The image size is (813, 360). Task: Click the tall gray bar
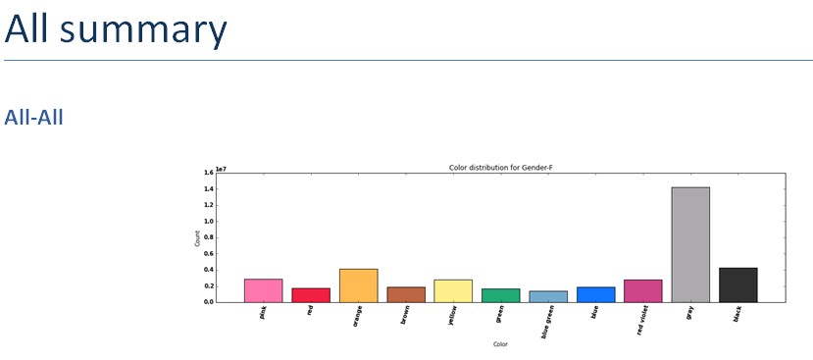pos(690,244)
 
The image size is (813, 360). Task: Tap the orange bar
pos(359,284)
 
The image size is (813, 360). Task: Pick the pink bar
pos(263,290)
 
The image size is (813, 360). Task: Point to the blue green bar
pos(548,296)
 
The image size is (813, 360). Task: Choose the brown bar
pos(406,294)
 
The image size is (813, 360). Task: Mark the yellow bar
pos(453,290)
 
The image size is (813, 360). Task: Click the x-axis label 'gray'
pos(690,313)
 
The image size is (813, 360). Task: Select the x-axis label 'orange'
pos(358,315)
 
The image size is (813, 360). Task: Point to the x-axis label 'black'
pos(737,314)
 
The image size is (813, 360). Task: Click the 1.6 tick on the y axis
pos(209,173)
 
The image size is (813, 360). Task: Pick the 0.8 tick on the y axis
pos(209,237)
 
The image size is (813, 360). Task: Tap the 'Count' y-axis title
pos(196,236)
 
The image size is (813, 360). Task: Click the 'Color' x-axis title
pos(500,344)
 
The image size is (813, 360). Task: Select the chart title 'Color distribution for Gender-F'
pos(500,168)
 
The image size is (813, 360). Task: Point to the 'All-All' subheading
pos(34,118)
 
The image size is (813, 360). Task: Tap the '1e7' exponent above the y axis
pos(222,169)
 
